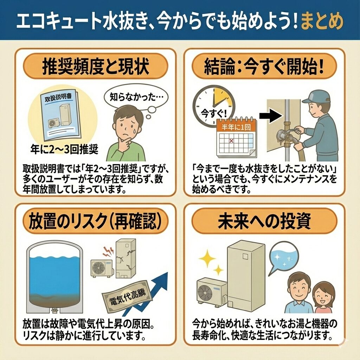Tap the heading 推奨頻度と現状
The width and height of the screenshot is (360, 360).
point(96,66)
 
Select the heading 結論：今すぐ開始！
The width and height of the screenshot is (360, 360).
point(264,66)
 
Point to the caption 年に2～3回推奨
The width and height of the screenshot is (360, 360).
point(64,150)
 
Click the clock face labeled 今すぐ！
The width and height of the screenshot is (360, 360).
point(213,108)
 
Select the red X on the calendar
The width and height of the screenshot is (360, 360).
point(231,141)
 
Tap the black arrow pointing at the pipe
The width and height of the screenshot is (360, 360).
point(271,116)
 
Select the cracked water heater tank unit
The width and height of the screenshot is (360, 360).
point(126,258)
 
